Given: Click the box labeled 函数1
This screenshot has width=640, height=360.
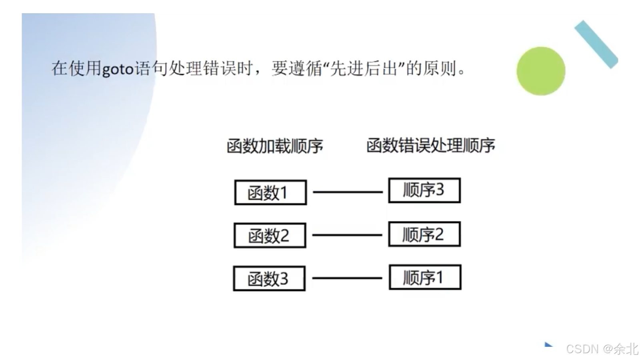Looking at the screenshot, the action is click(x=270, y=192).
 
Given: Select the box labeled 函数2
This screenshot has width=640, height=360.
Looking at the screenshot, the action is click(x=270, y=235).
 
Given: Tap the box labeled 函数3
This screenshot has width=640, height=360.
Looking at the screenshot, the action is click(x=269, y=278).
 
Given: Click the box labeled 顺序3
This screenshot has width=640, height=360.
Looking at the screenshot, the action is click(x=424, y=190).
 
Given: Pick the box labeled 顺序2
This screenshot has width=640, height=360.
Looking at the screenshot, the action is click(x=424, y=234).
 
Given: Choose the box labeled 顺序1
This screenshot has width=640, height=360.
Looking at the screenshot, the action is click(x=425, y=277).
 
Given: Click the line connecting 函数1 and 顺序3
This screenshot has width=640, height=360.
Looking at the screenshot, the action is click(x=347, y=192).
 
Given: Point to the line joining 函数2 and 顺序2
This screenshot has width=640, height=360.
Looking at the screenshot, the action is click(x=347, y=235).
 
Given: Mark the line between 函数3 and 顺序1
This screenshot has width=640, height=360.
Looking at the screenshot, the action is click(x=347, y=278).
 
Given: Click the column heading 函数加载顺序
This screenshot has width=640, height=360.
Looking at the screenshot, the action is click(x=275, y=146).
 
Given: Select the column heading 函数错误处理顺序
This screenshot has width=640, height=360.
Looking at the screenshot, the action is click(x=430, y=145).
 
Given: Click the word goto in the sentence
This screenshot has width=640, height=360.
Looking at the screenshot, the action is click(x=118, y=69).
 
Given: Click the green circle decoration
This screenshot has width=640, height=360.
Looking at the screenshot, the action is click(x=541, y=71).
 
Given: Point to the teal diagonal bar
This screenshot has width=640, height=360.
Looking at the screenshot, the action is click(x=596, y=44).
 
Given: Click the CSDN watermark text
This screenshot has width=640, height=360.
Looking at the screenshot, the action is click(x=582, y=349).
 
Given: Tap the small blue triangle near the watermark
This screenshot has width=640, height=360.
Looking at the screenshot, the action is click(x=548, y=344).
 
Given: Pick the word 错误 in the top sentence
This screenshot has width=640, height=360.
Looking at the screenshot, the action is click(x=220, y=69).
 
